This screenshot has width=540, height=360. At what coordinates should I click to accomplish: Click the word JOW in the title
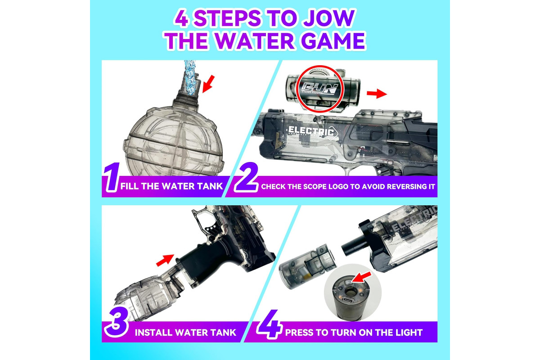click(329, 18)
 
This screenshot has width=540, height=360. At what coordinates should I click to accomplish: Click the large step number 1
click(112, 177)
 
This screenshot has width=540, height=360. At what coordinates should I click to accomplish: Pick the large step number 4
click(270, 324)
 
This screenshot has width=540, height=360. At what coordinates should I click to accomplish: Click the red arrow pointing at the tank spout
click(208, 84)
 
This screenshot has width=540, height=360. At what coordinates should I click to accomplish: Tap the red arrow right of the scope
click(377, 93)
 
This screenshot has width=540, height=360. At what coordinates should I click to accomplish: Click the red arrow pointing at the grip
click(165, 260)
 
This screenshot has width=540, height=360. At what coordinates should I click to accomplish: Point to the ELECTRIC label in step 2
click(311, 131)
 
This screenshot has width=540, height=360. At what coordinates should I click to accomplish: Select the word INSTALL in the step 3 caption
click(153, 333)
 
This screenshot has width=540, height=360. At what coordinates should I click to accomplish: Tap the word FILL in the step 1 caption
click(130, 186)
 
